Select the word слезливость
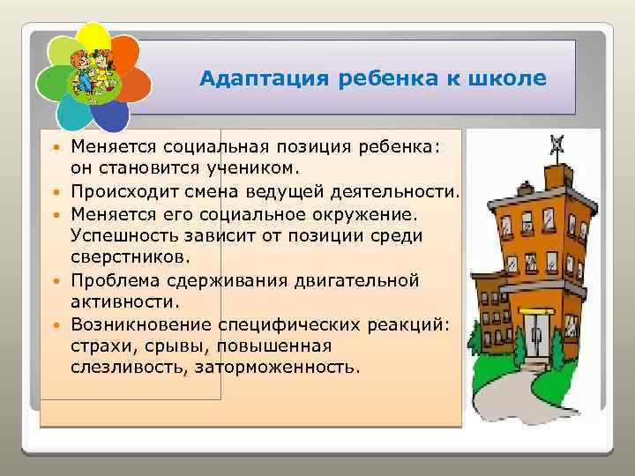124,366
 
